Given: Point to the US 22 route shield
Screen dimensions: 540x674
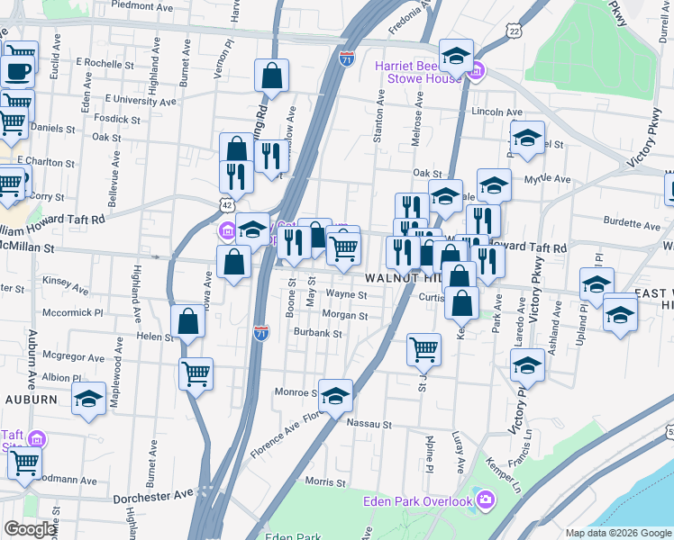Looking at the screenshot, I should pyautogui.click(x=514, y=31).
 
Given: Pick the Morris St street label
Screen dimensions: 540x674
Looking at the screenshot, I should pyautogui.click(x=321, y=481).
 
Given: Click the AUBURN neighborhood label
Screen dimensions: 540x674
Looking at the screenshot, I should pyautogui.click(x=32, y=399).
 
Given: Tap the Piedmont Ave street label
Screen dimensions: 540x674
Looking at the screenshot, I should pyautogui.click(x=145, y=4).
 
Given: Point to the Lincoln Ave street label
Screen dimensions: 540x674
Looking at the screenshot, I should pyautogui.click(x=497, y=112).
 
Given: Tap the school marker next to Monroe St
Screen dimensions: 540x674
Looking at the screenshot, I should pyautogui.click(x=334, y=396).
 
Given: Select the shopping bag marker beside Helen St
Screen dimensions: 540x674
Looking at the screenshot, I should pyautogui.click(x=187, y=321).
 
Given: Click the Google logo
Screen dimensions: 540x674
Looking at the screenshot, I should pyautogui.click(x=30, y=529).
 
